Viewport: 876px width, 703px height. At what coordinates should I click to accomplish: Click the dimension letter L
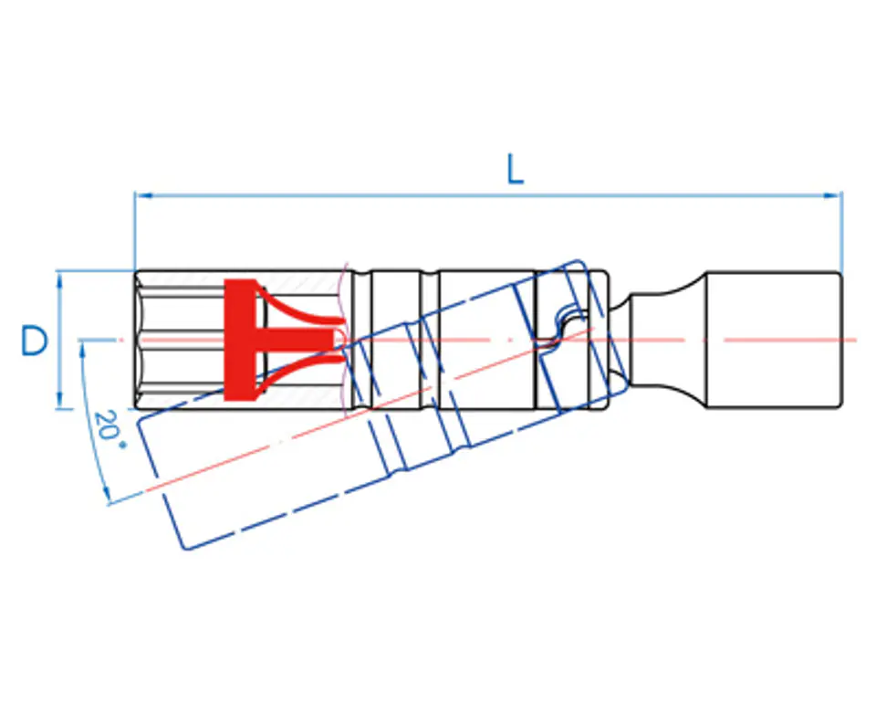[515, 169]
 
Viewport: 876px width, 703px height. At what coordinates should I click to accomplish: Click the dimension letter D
[35, 341]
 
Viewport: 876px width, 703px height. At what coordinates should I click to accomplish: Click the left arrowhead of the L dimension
[143, 195]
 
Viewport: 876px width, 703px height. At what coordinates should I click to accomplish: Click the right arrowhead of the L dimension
[833, 195]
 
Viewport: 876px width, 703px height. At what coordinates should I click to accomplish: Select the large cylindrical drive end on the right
[775, 340]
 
